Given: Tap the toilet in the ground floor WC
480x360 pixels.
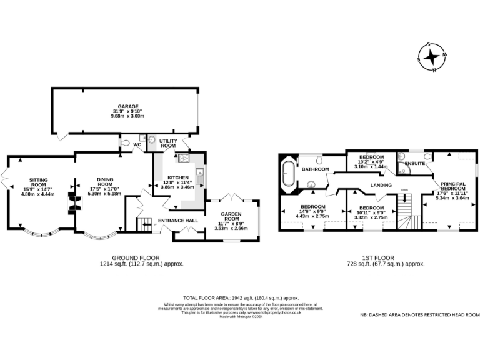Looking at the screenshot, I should coord(128,144).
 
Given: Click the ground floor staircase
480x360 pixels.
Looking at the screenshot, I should coord(145,224).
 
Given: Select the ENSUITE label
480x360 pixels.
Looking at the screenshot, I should coord(415,164).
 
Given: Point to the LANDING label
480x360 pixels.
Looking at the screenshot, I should coord(381,185).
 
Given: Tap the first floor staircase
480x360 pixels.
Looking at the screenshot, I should coord(407,212).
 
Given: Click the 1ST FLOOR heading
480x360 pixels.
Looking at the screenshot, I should coord(380,257).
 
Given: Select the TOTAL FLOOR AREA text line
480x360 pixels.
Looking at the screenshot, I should coord(241,298).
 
